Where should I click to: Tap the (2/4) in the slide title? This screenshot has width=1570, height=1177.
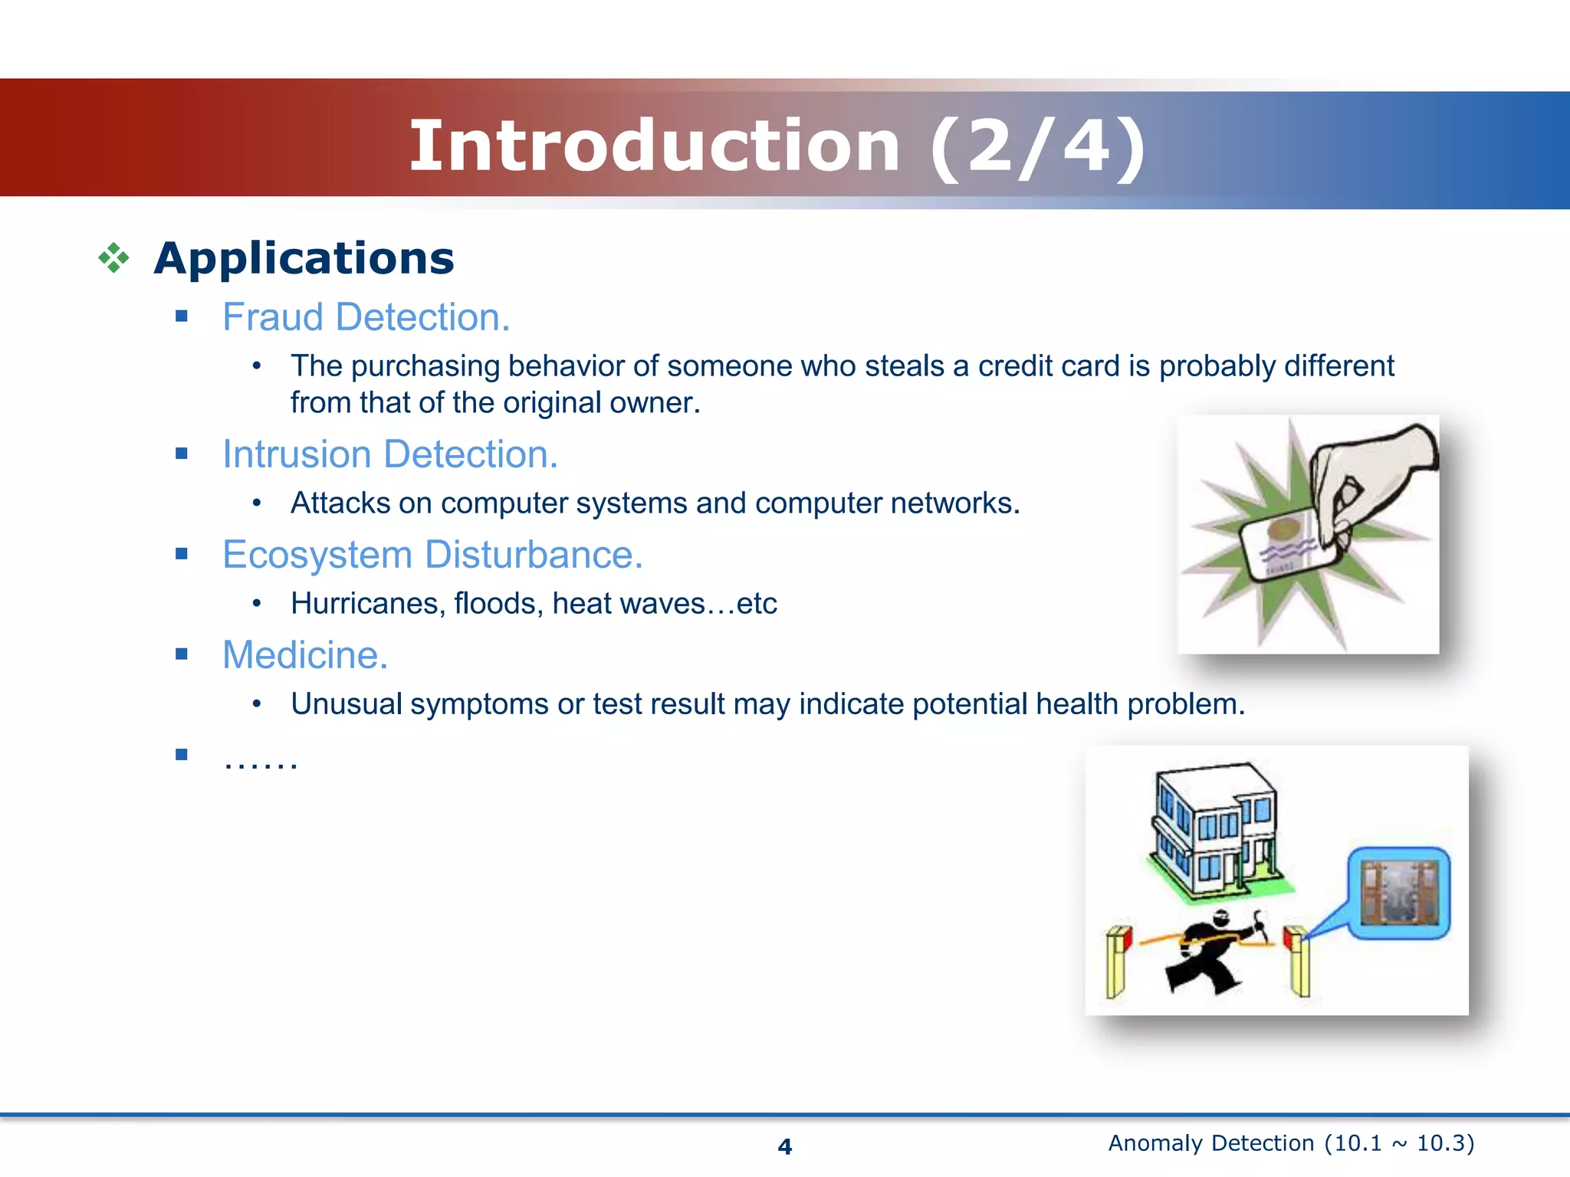pos(1039,147)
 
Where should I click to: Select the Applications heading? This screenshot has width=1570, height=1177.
pos(304,258)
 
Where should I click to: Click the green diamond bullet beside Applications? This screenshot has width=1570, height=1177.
pos(113,258)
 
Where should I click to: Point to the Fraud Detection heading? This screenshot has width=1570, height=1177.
pos(366,317)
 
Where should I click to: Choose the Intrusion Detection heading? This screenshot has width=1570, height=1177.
pos(389,454)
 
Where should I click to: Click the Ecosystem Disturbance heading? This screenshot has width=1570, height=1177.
pos(432,555)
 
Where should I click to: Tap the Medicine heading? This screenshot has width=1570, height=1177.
pos(305,655)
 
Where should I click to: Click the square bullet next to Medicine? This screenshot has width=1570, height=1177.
pos(182,654)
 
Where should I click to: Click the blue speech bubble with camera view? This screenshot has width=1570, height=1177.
pos(1398,893)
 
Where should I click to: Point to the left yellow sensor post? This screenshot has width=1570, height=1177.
pos(1118,962)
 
